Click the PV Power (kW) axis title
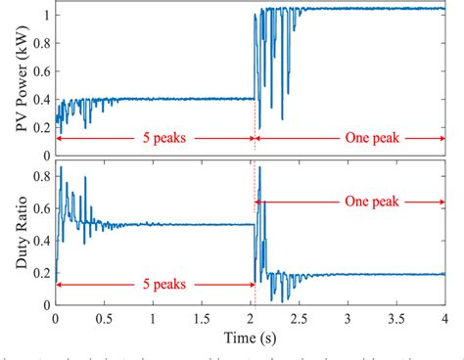(13, 77)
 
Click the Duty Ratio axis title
(13, 232)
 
